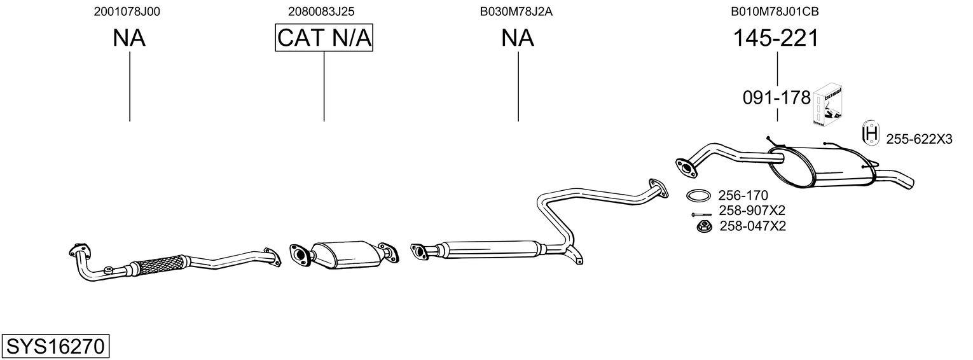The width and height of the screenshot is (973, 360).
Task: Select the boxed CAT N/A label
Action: point(324,38)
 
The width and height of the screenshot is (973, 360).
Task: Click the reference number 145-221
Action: point(776,39)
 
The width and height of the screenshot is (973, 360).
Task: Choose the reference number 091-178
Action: point(776,98)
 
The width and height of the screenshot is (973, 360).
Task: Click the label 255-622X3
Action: point(919,139)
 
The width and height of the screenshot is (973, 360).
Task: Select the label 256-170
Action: point(743,195)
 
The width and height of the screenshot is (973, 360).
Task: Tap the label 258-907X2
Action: point(752,211)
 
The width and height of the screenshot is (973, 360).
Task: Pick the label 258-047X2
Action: point(752,226)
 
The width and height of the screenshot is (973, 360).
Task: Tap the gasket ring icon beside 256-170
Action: point(698,195)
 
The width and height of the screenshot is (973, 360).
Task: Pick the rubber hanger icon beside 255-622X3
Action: point(869,134)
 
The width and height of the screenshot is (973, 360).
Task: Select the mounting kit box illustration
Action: point(828,104)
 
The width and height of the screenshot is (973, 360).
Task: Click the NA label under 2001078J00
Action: point(129,39)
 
